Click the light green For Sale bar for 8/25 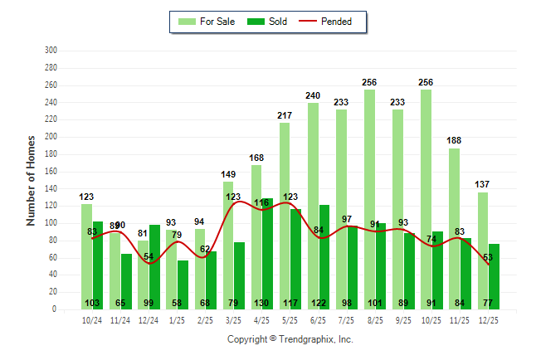point(369,199)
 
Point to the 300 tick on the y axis point(51,51)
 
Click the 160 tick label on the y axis point(51,172)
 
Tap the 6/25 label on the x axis point(318,319)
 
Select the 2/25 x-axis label point(205,319)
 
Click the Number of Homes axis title point(32,180)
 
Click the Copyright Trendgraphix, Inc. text point(290,339)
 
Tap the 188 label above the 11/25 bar point(455,141)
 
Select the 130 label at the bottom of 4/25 point(262,303)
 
